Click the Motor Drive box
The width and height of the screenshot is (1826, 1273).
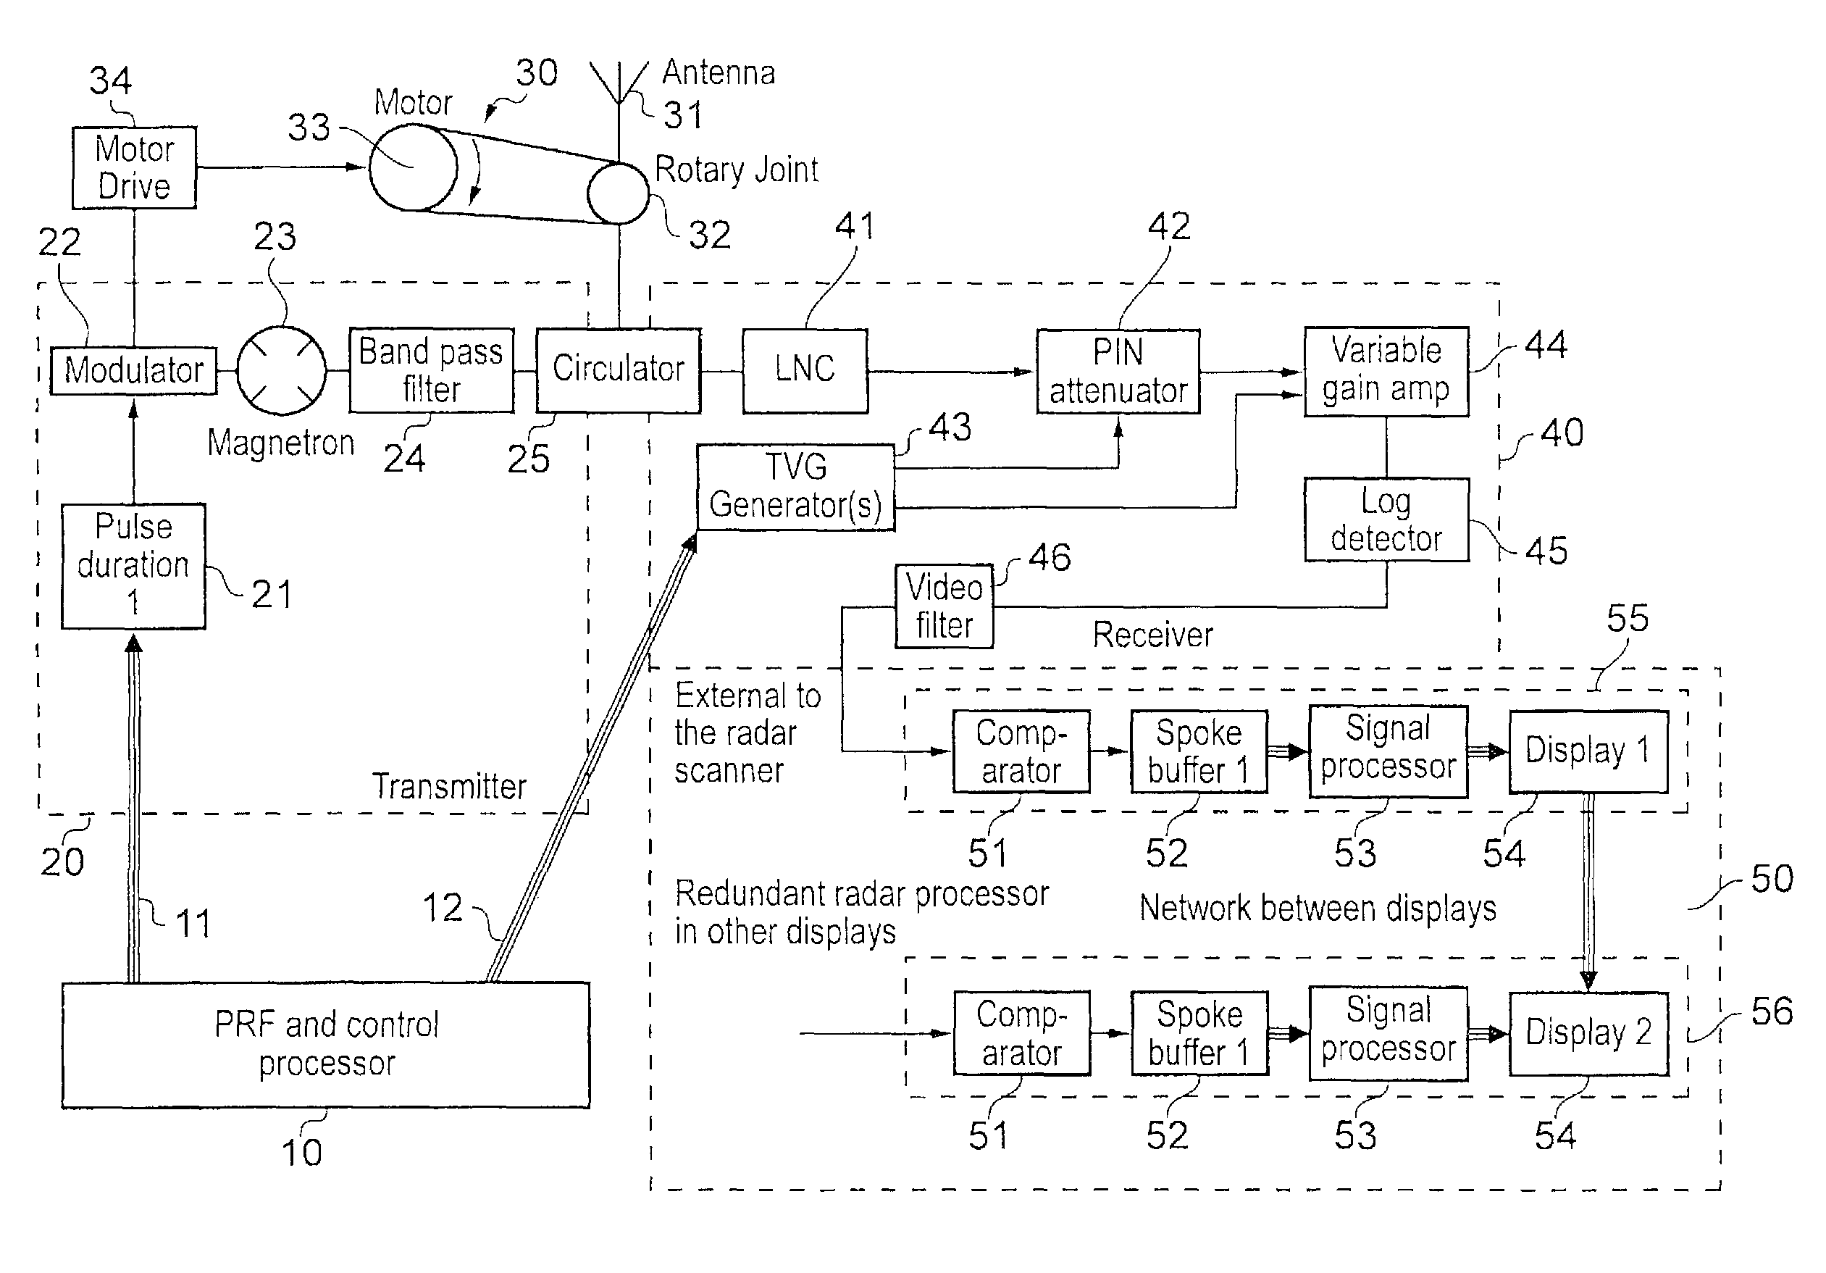pos(133,168)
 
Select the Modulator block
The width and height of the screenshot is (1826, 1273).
pos(133,371)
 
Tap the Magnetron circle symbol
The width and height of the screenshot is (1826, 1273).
pos(282,371)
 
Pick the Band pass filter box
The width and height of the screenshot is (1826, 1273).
pos(431,371)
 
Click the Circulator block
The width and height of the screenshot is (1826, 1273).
pos(618,371)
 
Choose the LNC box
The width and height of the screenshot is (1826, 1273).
pos(805,371)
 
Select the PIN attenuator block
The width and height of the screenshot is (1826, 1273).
pos(1118,372)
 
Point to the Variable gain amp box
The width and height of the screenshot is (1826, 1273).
pos(1386,371)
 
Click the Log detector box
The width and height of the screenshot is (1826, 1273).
pos(1386,519)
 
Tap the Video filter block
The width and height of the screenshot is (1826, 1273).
pos(944,606)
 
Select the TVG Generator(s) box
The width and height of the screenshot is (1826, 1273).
pos(795,487)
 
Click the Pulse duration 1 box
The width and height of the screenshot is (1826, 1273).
pos(133,566)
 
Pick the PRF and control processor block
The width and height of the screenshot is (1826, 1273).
pos(326,1044)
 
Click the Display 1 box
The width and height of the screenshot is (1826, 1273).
pos(1588,751)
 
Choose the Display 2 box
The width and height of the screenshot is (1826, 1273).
pos(1588,1032)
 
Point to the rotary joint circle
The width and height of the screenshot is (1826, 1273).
pos(618,193)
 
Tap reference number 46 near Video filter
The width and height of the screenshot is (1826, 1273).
pos(1049,558)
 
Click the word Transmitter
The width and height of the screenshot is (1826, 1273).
pos(449,786)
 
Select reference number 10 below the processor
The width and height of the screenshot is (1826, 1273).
pos(301,1152)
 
